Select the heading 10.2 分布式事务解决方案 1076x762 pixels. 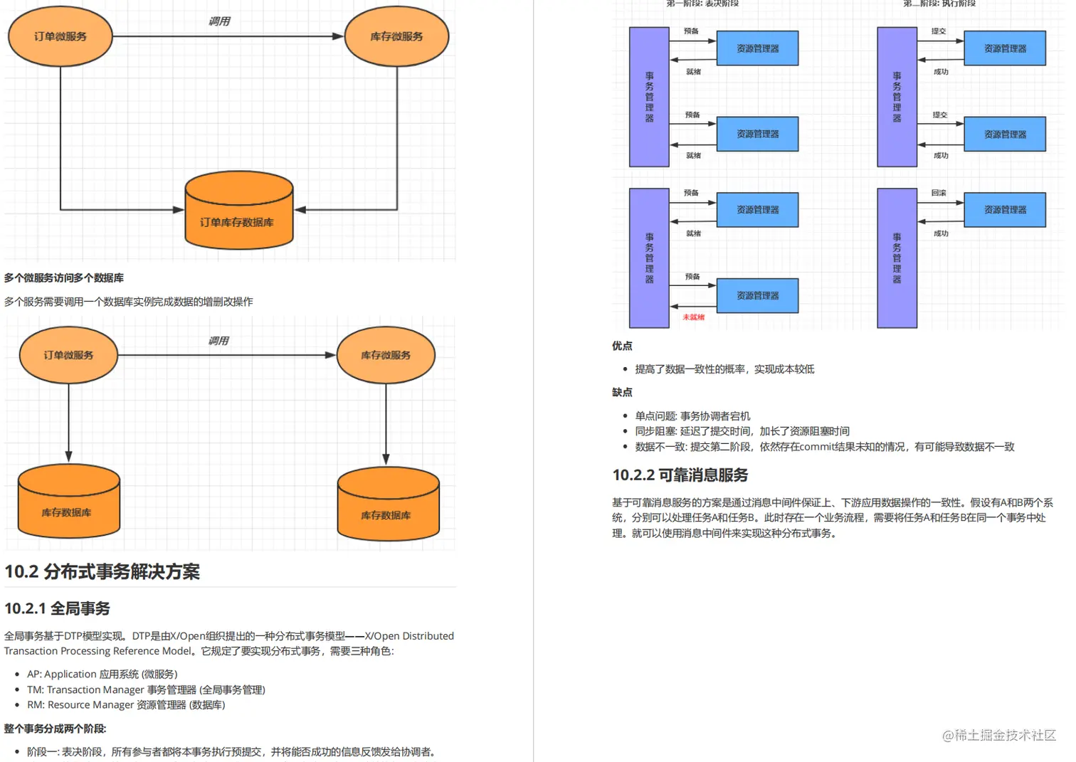click(x=102, y=571)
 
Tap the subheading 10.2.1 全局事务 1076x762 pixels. click(x=57, y=608)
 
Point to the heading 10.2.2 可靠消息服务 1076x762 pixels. click(x=680, y=475)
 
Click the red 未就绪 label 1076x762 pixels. click(x=693, y=317)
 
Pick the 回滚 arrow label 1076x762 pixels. click(x=939, y=193)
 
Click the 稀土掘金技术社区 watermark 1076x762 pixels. click(x=999, y=735)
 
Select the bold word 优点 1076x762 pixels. click(x=622, y=346)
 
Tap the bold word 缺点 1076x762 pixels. click(x=622, y=392)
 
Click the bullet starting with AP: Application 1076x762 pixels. click(x=102, y=674)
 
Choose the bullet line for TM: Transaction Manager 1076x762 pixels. click(x=146, y=689)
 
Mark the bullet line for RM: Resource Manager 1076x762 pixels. click(x=126, y=704)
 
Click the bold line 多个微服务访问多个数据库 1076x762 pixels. click(x=64, y=277)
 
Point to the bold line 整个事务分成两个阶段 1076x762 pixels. click(x=56, y=729)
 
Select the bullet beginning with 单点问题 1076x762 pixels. click(x=692, y=416)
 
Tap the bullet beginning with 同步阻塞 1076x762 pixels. click(x=742, y=431)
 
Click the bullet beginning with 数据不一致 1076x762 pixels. click(x=825, y=447)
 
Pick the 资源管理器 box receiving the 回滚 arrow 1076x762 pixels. click(x=1005, y=210)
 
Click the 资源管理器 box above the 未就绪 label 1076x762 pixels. click(x=757, y=295)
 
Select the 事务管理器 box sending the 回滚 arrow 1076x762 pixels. click(x=897, y=258)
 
